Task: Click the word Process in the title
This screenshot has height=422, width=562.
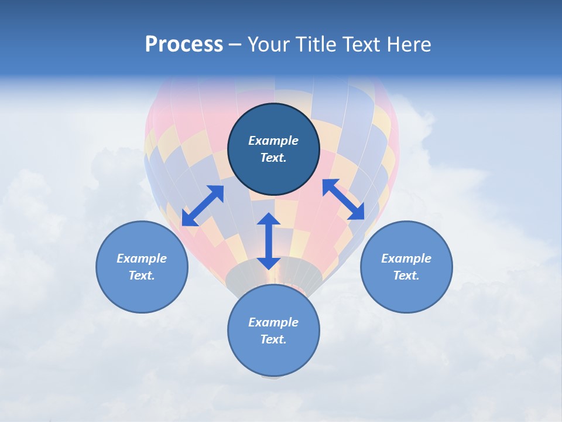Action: pos(184,45)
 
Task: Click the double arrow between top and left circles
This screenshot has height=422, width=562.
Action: pos(203,206)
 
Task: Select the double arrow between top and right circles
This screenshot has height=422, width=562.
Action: pos(344,199)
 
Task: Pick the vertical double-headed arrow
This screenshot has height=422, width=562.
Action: pos(268,241)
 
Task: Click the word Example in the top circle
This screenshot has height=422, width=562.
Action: pos(273,141)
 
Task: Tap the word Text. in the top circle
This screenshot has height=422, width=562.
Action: pos(273,158)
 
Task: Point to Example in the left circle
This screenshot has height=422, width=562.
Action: pos(142,258)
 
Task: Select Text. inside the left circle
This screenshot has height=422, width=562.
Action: pos(142,275)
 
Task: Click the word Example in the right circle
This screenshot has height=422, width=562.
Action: pos(406,258)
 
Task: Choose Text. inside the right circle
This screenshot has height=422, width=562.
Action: pos(406,275)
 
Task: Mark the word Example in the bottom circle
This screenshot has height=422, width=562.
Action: pos(273,322)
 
